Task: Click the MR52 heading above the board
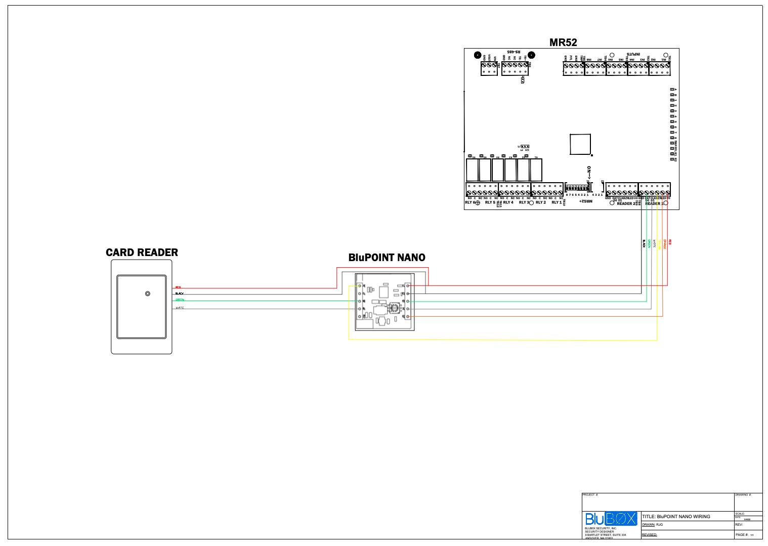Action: (563, 43)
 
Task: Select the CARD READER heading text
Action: (142, 253)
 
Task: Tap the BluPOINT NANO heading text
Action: (387, 258)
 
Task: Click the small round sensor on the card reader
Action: (148, 293)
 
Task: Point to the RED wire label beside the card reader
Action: (178, 287)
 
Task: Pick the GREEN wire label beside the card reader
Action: (180, 300)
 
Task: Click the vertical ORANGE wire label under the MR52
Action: (665, 244)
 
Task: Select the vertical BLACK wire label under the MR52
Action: (644, 243)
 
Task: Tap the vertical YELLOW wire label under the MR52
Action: (659, 244)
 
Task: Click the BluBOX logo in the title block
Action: (611, 519)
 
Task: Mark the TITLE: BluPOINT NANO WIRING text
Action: (676, 517)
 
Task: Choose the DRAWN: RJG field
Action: (653, 525)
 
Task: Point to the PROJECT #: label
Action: (590, 495)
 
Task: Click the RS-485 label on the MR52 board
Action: (514, 52)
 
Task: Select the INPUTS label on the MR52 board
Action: (633, 54)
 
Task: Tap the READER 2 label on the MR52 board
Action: (626, 203)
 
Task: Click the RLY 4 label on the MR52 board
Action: (508, 202)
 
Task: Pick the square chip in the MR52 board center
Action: (580, 144)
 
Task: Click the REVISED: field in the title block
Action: (650, 535)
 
